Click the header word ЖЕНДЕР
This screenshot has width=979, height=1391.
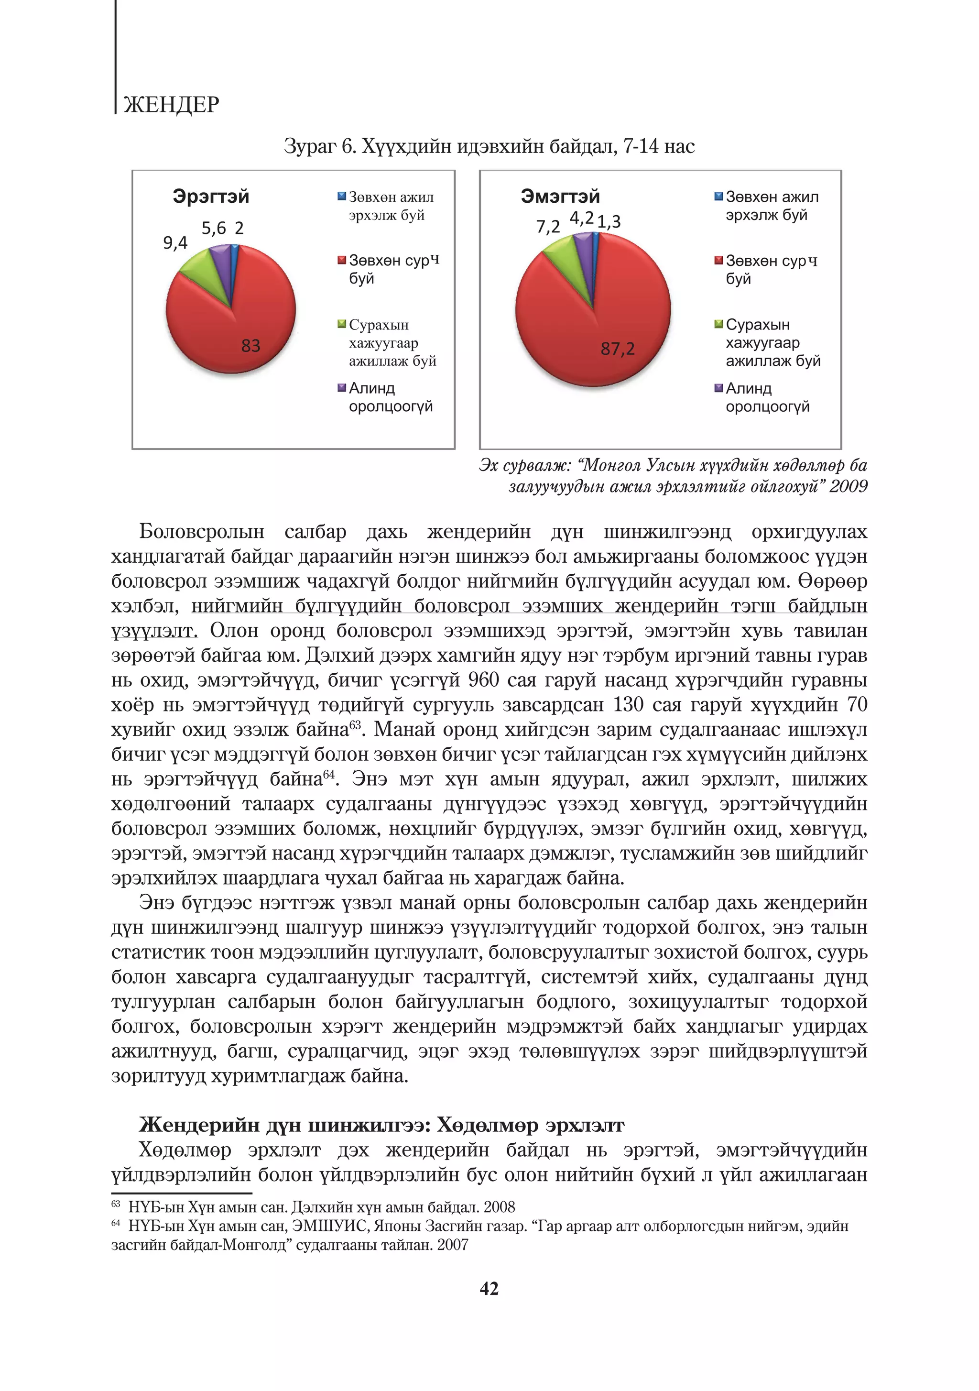click(172, 105)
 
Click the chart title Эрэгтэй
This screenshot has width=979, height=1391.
click(211, 197)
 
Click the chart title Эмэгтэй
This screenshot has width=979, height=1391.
click(560, 197)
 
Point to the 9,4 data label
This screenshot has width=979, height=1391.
click(175, 243)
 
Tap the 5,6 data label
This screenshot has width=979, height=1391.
click(213, 229)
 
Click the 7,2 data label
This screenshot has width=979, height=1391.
click(548, 227)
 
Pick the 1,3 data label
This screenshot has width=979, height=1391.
click(609, 222)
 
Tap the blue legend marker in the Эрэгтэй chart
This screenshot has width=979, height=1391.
click(342, 197)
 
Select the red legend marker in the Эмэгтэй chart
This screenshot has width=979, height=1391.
click(718, 261)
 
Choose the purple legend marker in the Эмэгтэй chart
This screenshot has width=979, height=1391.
click(718, 388)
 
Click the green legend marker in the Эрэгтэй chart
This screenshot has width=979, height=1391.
click(342, 324)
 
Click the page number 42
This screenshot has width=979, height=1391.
click(489, 1288)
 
